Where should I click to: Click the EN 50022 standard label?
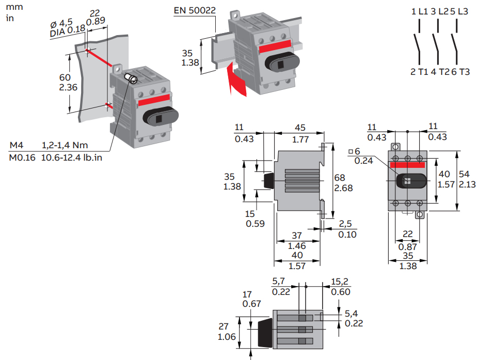pos(195,10)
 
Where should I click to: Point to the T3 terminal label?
pos(465,72)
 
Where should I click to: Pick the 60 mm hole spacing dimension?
pos(65,77)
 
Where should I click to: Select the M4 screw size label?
pos(17,146)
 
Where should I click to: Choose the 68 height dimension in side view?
pos(340,178)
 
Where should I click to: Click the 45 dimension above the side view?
pos(299,128)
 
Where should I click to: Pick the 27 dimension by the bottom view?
pos(224,326)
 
